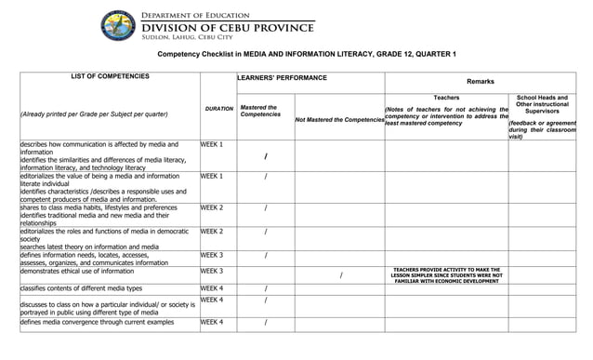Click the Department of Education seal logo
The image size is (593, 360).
(119, 25)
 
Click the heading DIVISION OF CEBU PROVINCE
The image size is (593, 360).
(227, 28)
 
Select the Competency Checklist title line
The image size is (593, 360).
(307, 55)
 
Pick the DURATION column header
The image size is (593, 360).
(219, 109)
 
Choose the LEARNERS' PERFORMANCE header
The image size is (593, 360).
(283, 78)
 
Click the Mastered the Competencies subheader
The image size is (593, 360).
(259, 111)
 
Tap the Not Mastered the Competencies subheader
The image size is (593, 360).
(339, 120)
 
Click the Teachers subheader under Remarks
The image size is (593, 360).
(446, 98)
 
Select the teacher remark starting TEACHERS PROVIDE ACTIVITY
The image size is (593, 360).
(447, 275)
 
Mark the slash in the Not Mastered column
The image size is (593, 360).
(341, 275)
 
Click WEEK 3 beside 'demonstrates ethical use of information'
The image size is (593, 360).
(212, 271)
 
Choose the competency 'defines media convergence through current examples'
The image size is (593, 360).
(97, 322)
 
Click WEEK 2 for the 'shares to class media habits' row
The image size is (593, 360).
(212, 207)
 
